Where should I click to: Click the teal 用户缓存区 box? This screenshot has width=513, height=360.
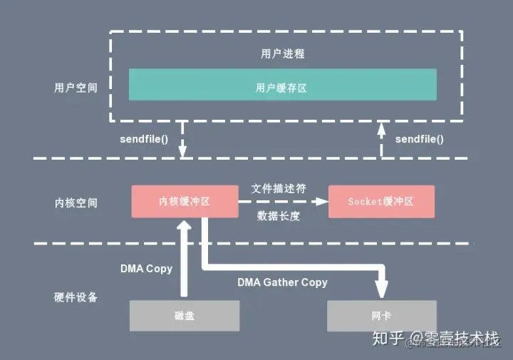point(282,85)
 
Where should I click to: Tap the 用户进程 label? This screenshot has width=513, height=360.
point(283,53)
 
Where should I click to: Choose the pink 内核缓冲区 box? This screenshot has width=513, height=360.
point(185,202)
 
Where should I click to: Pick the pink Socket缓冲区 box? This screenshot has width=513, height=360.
point(381,202)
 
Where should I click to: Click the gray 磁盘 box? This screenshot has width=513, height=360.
point(185,315)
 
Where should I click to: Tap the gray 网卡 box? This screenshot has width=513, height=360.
point(381,315)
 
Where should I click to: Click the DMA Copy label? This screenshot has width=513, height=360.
point(145,268)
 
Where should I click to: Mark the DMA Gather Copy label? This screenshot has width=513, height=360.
point(282,282)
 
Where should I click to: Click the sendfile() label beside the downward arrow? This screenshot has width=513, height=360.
point(144,139)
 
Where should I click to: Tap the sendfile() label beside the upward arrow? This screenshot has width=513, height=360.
point(419,139)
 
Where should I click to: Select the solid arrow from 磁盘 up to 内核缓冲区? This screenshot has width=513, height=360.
point(185,260)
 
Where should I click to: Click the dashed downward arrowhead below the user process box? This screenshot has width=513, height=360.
point(183,151)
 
